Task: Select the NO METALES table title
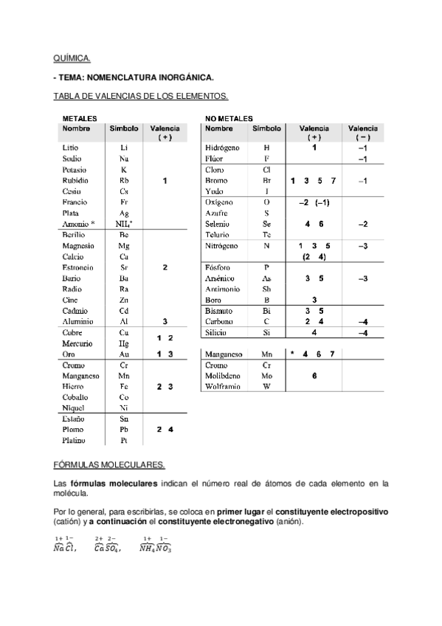(228, 118)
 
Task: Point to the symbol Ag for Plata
(124, 213)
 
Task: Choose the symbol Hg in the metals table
(124, 344)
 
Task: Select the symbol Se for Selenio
(266, 224)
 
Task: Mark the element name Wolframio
(224, 386)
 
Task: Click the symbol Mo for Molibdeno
(266, 375)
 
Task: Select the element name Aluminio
(77, 322)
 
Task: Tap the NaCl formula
(65, 546)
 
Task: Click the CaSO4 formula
(108, 546)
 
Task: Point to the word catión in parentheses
(66, 522)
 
